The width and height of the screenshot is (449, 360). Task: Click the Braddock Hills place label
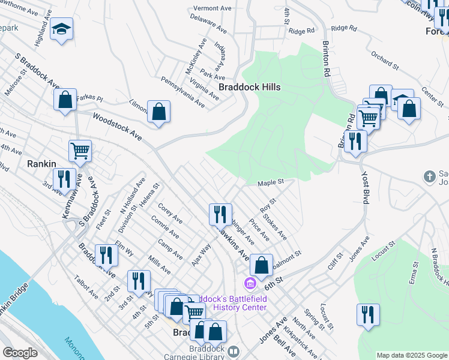(x=249, y=87)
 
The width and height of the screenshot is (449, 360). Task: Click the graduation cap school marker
(x=61, y=29)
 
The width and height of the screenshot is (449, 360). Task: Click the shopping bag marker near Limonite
(x=158, y=112)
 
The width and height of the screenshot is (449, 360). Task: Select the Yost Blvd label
(x=364, y=185)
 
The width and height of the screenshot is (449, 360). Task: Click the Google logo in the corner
(x=20, y=353)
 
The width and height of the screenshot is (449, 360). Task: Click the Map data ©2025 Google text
(x=411, y=355)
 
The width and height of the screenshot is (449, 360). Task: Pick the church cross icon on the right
(x=429, y=176)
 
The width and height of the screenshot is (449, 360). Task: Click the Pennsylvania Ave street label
(x=182, y=92)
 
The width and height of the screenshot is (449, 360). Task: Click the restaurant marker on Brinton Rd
(x=356, y=142)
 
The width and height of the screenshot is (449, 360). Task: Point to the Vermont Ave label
(x=212, y=9)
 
